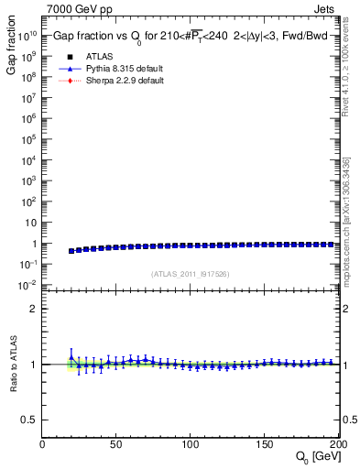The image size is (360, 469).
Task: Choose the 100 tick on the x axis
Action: point(191,444)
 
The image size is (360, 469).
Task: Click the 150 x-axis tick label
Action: point(264,444)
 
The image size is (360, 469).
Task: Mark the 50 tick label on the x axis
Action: point(116,444)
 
